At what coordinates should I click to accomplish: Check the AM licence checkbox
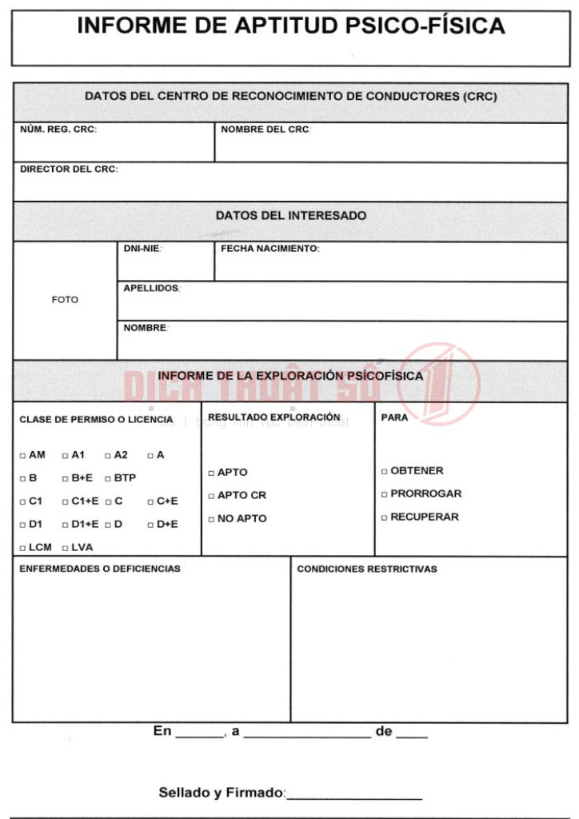[x=22, y=456]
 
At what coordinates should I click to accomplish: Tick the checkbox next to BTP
[x=108, y=479]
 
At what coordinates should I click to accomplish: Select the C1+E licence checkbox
[x=66, y=502]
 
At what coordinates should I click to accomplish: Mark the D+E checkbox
[x=150, y=525]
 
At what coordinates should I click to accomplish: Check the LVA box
[x=66, y=549]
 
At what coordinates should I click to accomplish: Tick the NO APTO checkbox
[x=211, y=520]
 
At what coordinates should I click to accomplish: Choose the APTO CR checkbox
[x=211, y=497]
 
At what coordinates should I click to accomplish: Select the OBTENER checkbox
[x=385, y=472]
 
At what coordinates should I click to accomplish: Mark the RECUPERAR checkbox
[x=385, y=518]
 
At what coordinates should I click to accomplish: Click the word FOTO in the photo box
[x=65, y=300]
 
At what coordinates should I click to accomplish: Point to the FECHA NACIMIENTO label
[x=270, y=249]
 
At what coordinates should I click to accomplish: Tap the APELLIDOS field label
[x=151, y=288]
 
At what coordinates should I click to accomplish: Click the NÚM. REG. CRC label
[x=58, y=130]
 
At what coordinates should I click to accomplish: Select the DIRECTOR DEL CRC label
[x=68, y=170]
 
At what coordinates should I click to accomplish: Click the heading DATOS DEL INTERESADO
[x=290, y=216]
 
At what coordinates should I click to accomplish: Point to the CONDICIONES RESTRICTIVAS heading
[x=367, y=569]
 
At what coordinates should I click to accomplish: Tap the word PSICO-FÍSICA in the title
[x=425, y=26]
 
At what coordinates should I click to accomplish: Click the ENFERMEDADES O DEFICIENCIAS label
[x=100, y=569]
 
